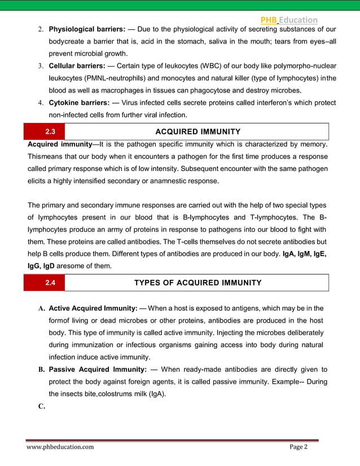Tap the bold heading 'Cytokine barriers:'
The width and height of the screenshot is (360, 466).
[78, 103]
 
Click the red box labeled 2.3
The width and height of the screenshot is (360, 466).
[50, 131]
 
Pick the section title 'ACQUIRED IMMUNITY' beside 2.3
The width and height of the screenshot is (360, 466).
[197, 131]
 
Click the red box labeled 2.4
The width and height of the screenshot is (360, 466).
[50, 283]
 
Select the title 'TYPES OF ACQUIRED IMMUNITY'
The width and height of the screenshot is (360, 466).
[197, 283]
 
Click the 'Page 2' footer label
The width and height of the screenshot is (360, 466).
[298, 447]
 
